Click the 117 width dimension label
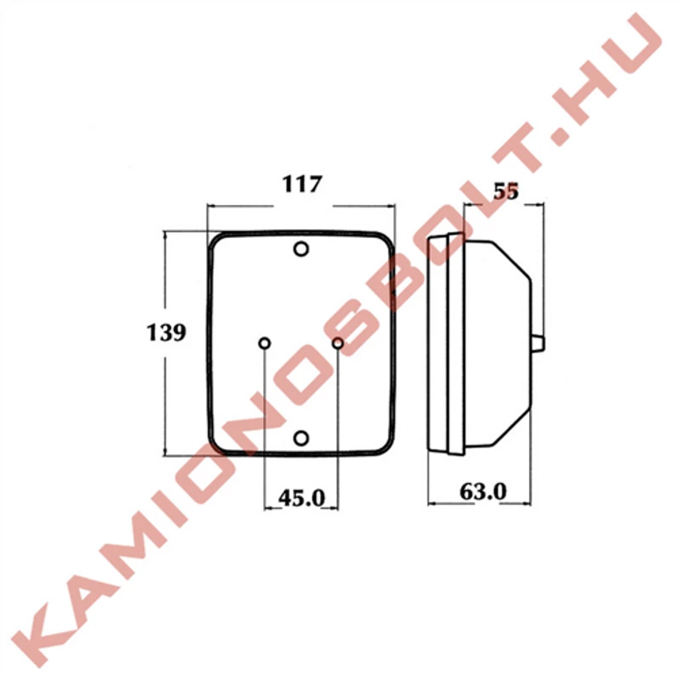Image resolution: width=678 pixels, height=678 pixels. [302, 184]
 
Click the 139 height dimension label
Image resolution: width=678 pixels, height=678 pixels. [166, 332]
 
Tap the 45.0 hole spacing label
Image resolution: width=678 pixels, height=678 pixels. [301, 498]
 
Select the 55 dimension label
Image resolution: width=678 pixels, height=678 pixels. [505, 191]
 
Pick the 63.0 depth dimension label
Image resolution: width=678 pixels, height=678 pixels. [483, 492]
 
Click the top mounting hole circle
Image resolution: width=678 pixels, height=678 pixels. [301, 249]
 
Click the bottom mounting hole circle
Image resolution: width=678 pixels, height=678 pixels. [301, 438]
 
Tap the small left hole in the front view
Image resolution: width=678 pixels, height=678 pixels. [264, 344]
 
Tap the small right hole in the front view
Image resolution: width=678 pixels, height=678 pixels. [338, 344]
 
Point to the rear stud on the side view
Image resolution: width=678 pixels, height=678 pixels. [538, 344]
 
